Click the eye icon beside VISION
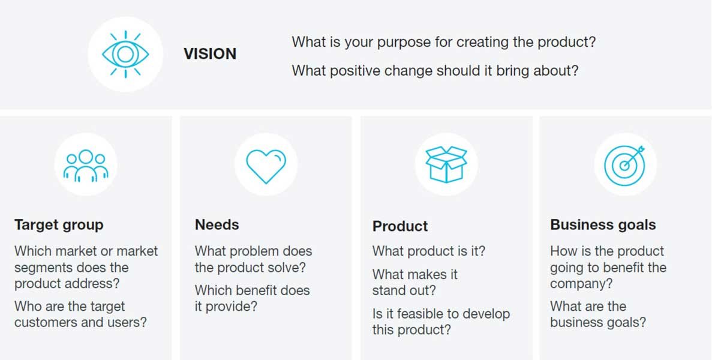pos(125,54)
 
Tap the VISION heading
pos(210,54)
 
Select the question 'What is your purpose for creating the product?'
pos(444,43)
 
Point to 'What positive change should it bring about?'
pos(435,71)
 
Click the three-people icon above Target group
pos(86,165)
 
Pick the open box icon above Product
pos(446,164)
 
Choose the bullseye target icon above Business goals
pos(625,164)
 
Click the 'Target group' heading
pos(59,225)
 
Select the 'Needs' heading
pos(217,225)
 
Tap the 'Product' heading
pos(400,226)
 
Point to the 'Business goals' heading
pos(603,225)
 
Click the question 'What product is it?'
pos(429,251)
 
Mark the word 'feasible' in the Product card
pos(409,314)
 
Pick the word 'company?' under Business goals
pos(581,283)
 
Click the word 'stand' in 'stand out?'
pos(389,291)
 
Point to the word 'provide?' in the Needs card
pos(232,307)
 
